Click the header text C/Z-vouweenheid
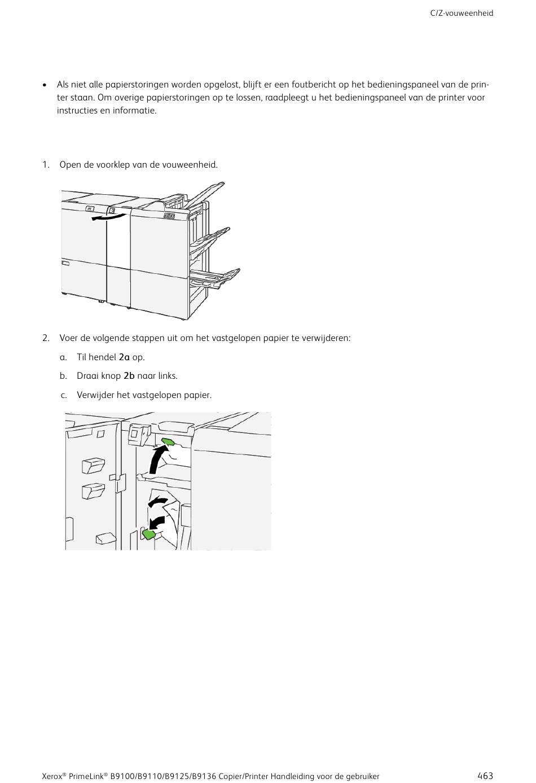[x=462, y=14]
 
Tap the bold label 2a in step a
[x=124, y=357]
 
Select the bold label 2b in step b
[x=129, y=376]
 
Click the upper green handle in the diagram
[x=168, y=442]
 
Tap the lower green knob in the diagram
[x=149, y=534]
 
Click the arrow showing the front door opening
[x=108, y=218]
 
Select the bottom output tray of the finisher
[x=215, y=278]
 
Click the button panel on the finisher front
[x=169, y=216]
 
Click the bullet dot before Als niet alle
[x=45, y=85]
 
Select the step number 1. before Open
[x=46, y=165]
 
